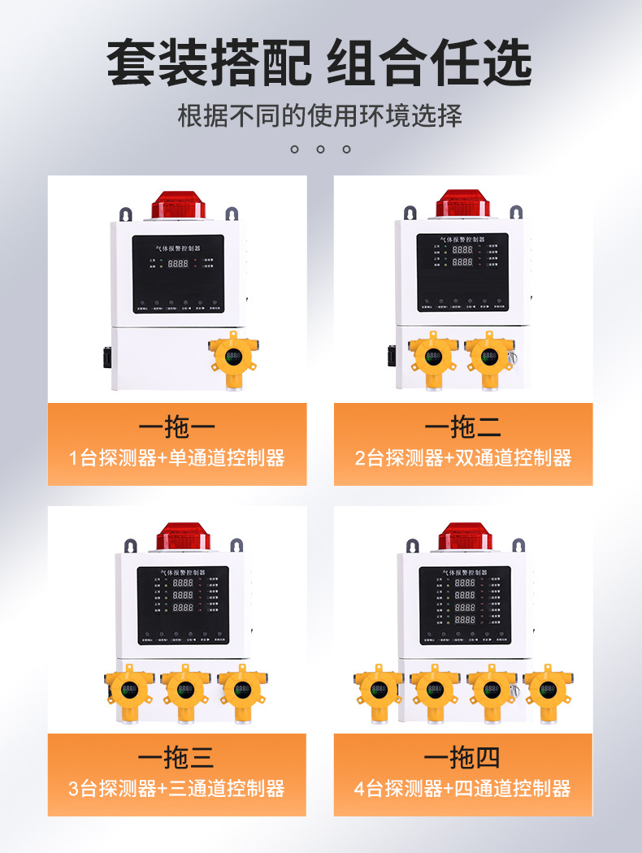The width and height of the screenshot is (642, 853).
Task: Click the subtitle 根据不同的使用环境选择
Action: coord(320,115)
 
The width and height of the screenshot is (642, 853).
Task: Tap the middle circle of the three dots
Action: coord(320,149)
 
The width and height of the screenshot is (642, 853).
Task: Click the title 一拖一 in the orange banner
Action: coord(177,426)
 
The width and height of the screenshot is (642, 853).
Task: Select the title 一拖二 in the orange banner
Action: coord(462,426)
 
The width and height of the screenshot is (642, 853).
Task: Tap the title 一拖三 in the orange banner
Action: coord(177,758)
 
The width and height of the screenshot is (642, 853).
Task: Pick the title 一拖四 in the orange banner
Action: coord(462,758)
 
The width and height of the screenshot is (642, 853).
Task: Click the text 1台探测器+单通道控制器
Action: coord(177,458)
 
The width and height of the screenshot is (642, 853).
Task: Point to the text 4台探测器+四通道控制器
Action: coord(462,788)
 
